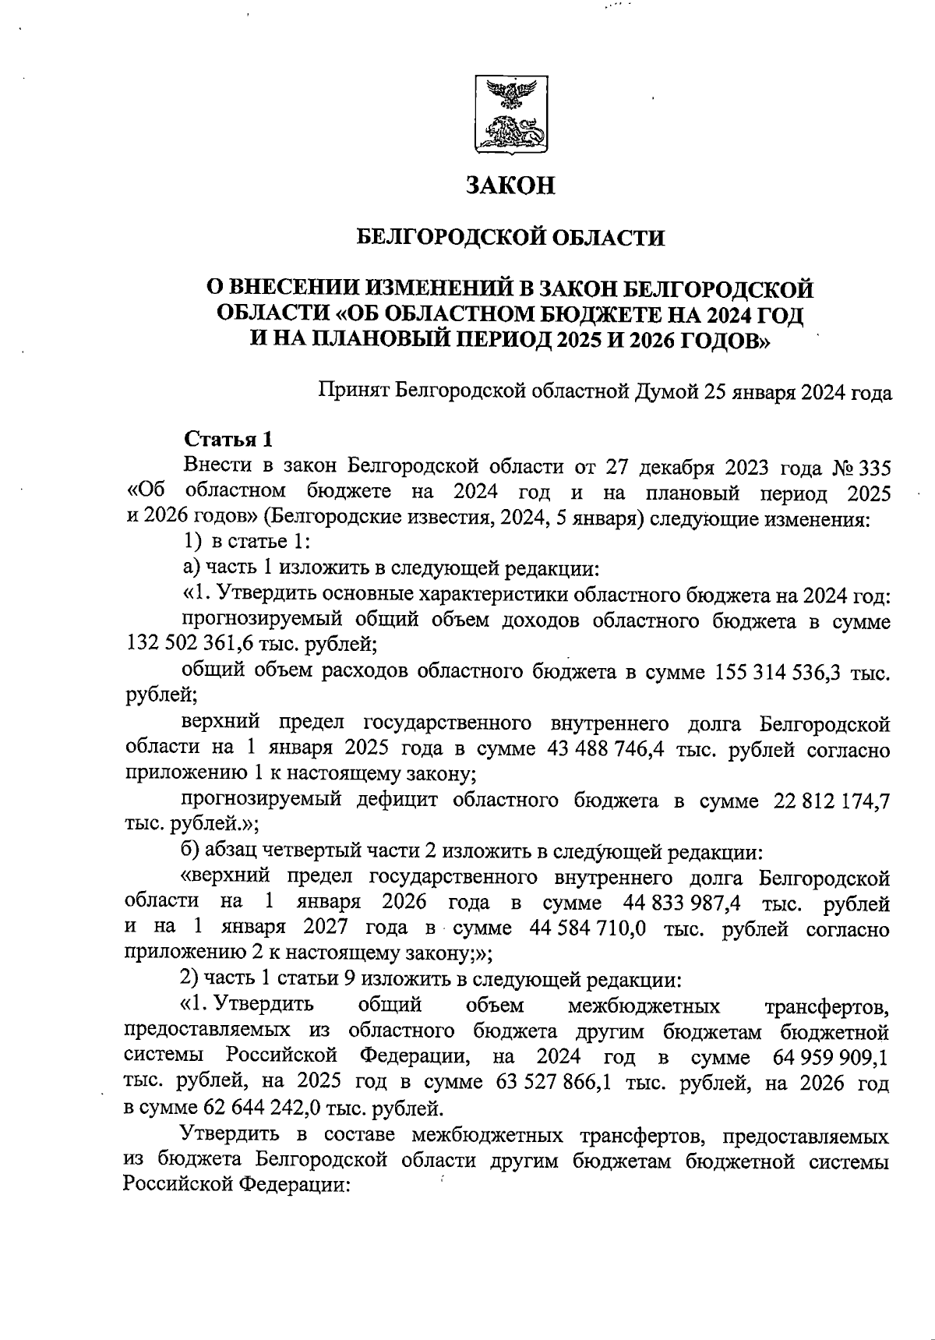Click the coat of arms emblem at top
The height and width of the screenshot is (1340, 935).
pos(510,115)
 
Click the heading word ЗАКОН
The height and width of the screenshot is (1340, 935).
pos(510,186)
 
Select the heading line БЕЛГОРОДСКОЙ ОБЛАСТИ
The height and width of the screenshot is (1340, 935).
pos(510,237)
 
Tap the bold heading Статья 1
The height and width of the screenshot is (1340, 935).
pos(228,440)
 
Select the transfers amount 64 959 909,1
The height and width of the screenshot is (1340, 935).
pos(831,1058)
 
